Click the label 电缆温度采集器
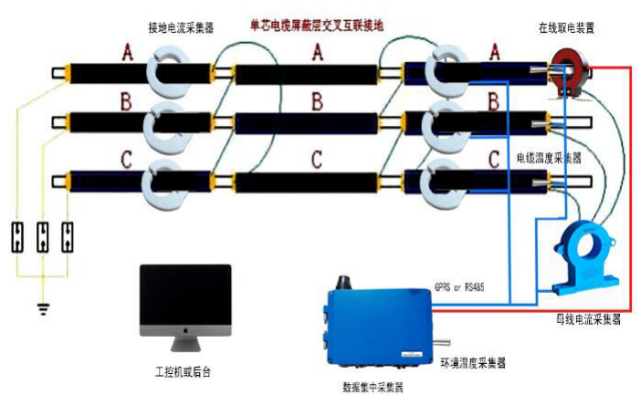550,157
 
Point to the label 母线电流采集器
588,320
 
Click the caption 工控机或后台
183,372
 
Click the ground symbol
42,307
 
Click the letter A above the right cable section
494,53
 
